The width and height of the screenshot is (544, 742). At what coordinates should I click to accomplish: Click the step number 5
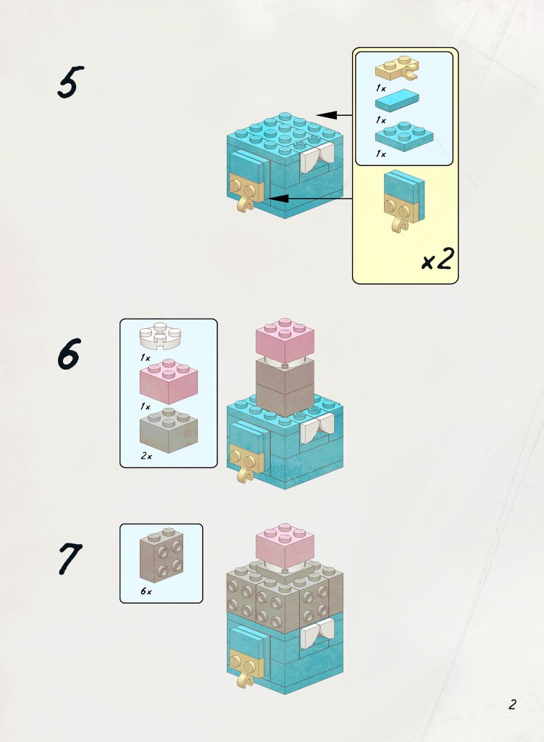tap(70, 82)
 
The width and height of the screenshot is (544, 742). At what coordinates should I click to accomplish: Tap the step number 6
tap(70, 354)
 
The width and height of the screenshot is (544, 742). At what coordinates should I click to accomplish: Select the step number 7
tap(70, 559)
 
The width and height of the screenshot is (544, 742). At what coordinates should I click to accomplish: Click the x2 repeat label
tap(438, 259)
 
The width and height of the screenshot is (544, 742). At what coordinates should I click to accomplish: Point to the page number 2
tap(512, 704)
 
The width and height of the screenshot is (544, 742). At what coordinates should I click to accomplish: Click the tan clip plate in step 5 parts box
tap(398, 69)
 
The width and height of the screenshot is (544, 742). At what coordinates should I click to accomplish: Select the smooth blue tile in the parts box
tap(397, 100)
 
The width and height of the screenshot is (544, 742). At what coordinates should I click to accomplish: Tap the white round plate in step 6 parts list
tap(161, 335)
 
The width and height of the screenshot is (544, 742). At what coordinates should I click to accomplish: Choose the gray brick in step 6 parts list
tap(168, 430)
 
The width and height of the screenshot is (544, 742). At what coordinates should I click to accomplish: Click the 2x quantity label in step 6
tap(146, 457)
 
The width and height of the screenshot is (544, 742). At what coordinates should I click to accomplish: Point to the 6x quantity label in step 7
tap(146, 591)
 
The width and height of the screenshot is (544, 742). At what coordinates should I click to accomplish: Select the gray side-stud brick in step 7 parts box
tap(162, 554)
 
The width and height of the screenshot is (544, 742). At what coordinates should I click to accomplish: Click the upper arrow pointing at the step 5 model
tap(334, 115)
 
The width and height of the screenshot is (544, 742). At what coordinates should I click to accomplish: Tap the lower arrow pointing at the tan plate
tap(310, 199)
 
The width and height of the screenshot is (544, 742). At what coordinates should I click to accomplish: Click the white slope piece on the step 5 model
tap(317, 158)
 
